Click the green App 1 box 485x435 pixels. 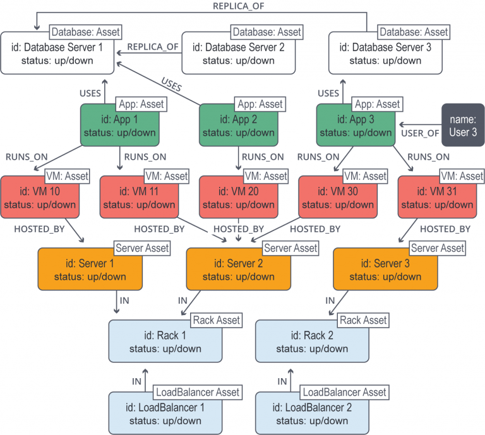(119, 126)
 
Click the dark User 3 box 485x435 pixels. (463, 125)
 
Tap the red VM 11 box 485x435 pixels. (139, 198)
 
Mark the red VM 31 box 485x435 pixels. (436, 198)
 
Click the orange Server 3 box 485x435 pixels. (385, 270)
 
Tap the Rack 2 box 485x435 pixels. (311, 342)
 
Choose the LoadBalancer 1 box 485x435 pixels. (165, 414)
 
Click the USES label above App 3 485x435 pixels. (328, 93)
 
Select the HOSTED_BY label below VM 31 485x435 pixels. (445, 229)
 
